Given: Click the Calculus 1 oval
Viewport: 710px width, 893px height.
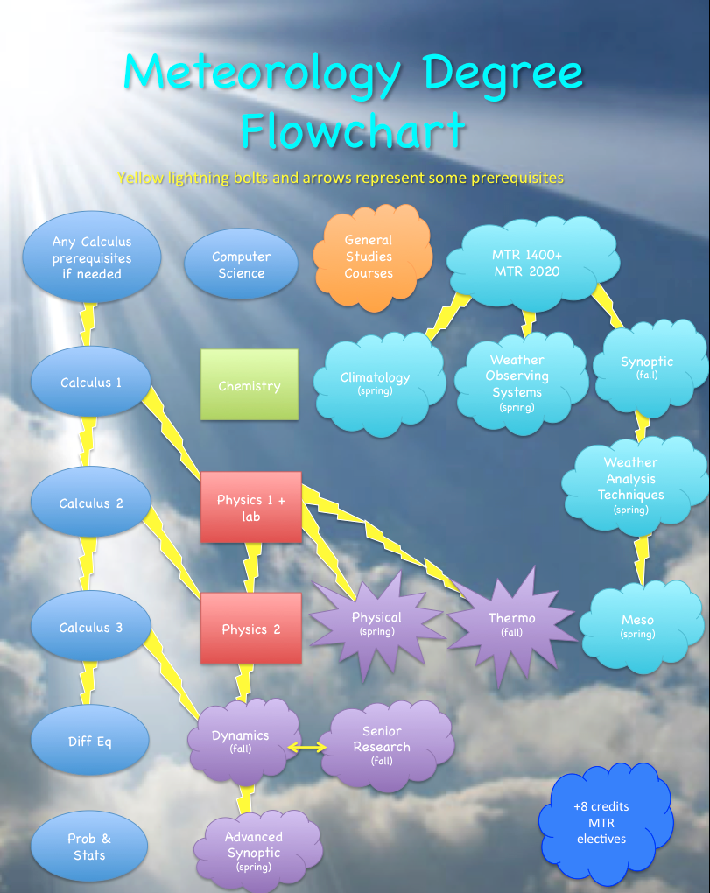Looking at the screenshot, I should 91,383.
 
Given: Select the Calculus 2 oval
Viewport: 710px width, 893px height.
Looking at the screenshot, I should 91,503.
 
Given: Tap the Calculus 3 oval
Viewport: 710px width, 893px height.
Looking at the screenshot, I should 91,628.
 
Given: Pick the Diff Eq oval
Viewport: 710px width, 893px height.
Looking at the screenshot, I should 90,742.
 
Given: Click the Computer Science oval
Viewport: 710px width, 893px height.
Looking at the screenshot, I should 241,264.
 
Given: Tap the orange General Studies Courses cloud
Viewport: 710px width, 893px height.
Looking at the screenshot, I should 369,257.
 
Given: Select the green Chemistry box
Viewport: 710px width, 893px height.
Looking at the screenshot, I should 250,385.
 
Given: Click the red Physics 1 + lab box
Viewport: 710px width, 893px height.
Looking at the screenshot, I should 251,508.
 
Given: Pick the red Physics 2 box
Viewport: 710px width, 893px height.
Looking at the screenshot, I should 251,629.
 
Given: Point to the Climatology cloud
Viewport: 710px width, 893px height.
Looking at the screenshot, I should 376,383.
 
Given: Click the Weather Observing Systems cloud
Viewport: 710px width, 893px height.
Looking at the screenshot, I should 517,383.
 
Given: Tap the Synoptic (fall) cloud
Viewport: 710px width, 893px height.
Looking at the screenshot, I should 648,367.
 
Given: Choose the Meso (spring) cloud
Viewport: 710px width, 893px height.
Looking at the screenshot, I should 637,626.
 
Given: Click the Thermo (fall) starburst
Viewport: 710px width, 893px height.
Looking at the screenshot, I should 511,623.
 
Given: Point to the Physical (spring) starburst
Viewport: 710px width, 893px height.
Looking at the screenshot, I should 376,623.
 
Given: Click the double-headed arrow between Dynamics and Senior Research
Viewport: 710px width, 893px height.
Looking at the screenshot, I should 308,747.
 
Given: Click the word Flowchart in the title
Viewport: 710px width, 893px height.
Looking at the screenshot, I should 354,132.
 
